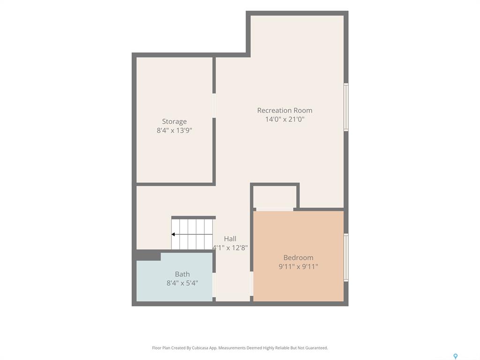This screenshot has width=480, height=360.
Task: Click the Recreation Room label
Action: (x=285, y=110)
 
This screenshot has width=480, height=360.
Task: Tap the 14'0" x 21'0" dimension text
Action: (x=285, y=119)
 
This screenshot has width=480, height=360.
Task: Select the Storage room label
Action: (x=174, y=121)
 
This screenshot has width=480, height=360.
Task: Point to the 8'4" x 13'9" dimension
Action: (x=174, y=130)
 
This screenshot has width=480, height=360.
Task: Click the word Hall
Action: (x=230, y=239)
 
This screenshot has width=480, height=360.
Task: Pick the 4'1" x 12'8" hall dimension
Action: (x=230, y=247)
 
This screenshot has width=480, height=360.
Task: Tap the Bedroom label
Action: (x=298, y=257)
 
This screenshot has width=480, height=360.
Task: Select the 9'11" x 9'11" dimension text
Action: (x=298, y=266)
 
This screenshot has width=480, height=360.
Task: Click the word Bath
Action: (x=182, y=274)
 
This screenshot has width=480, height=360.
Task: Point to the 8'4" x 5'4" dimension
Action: (x=182, y=283)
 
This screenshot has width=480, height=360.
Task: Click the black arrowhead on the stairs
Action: (x=173, y=234)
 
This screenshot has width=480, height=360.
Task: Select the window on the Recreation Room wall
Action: (x=346, y=107)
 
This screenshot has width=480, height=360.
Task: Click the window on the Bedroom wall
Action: (x=346, y=257)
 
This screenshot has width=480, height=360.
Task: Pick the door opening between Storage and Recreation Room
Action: (x=214, y=105)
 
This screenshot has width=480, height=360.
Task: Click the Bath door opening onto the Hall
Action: (x=214, y=285)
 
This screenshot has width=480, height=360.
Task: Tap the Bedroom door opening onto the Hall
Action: (x=252, y=284)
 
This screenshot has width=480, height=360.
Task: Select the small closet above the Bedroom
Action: (x=275, y=197)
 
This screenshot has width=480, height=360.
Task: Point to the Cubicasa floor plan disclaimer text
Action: (x=240, y=348)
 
